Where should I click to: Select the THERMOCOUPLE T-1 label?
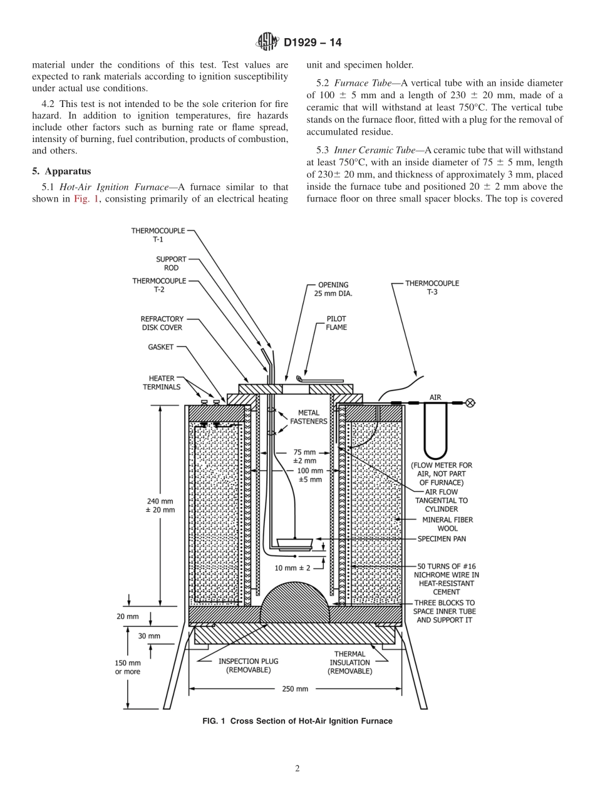158,235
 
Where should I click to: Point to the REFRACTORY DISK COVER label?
162,323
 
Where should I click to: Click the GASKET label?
161,347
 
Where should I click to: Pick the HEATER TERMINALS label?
162,382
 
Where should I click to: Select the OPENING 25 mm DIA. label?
333,288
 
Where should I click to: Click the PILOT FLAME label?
336,323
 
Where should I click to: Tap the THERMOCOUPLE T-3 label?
432,287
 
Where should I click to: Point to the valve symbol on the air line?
470,403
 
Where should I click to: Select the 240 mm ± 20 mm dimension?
160,505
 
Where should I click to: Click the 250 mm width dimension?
294,689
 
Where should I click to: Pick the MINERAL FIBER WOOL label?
447,524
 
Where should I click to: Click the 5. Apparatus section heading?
61,171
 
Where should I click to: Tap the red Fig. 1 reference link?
83,199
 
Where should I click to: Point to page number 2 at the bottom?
297,769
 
